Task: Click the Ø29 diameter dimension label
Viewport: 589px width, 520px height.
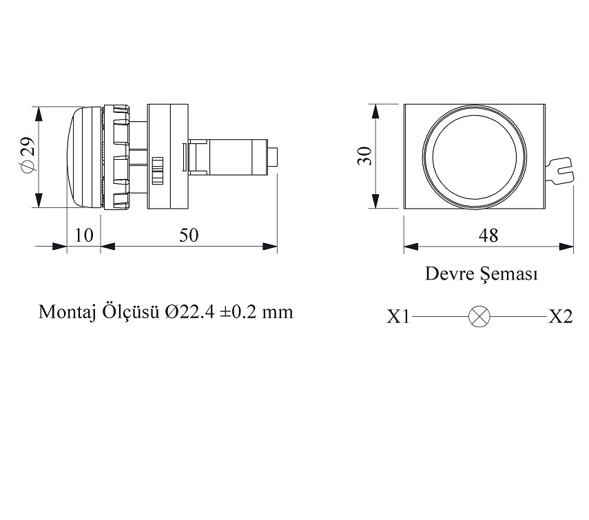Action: (x=25, y=156)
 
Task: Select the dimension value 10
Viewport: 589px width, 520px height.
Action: (x=83, y=236)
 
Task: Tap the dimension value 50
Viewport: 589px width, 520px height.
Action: (x=188, y=236)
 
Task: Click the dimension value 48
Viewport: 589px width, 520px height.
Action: (x=488, y=236)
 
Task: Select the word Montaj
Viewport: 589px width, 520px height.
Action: (x=65, y=313)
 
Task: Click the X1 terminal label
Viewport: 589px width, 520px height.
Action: (x=398, y=317)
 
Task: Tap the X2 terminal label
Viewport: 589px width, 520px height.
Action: (x=560, y=317)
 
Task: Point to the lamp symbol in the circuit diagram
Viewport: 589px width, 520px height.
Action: (x=479, y=317)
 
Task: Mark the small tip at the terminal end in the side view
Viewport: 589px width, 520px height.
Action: (x=273, y=157)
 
